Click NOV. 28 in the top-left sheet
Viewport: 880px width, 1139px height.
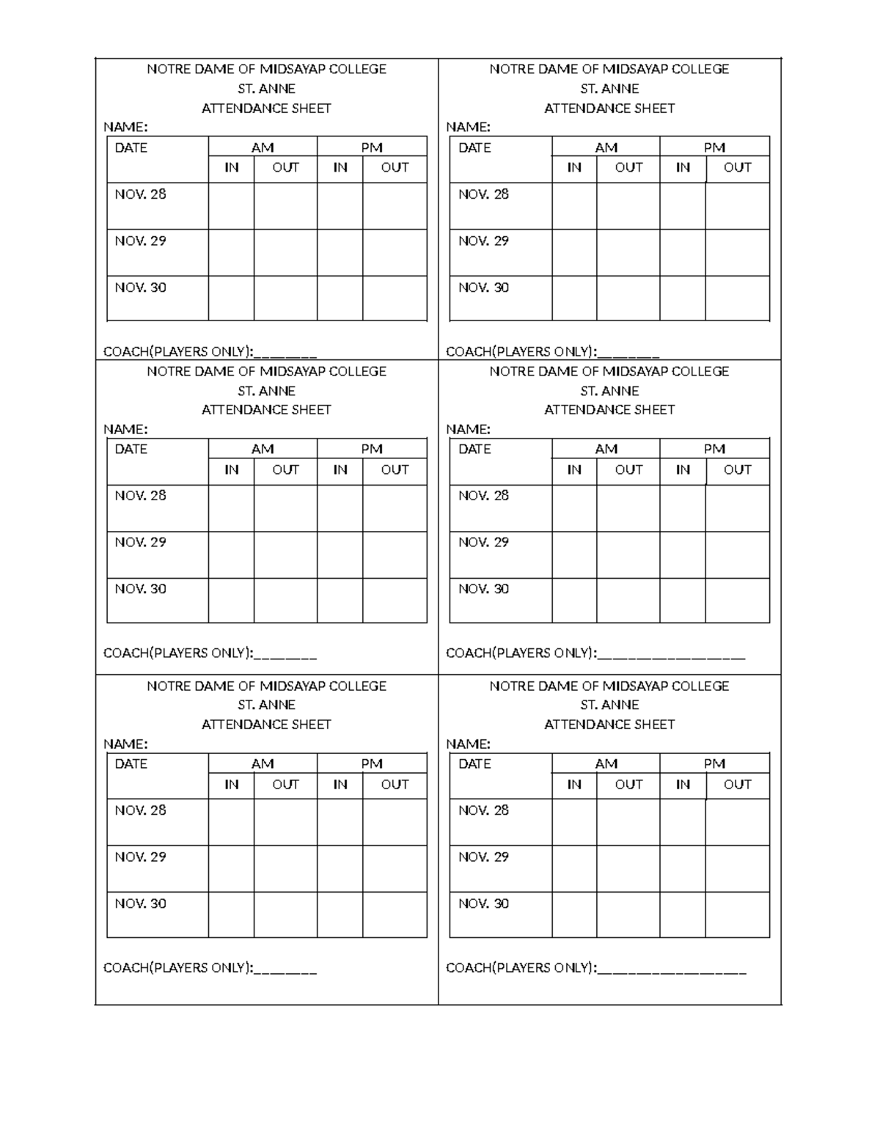click(x=140, y=194)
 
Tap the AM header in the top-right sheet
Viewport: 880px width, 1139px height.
click(x=606, y=147)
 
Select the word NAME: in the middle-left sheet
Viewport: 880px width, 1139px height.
click(x=125, y=429)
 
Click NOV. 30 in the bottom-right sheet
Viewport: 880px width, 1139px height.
click(x=483, y=904)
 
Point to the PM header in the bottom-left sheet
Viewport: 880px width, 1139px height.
click(x=372, y=763)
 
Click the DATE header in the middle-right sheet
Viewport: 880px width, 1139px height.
click(x=474, y=449)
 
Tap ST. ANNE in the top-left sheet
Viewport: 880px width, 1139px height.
click(x=266, y=89)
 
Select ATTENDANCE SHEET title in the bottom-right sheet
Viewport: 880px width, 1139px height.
click(x=609, y=725)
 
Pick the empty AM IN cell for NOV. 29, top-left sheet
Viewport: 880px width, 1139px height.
click(x=231, y=252)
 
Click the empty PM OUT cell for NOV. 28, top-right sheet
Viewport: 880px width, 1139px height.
click(x=737, y=206)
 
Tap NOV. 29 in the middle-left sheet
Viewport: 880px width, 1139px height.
click(x=140, y=542)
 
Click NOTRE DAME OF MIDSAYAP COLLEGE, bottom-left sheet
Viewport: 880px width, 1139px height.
click(x=266, y=686)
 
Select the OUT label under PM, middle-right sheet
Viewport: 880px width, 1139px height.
click(x=737, y=469)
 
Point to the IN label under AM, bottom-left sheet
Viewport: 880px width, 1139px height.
click(x=231, y=784)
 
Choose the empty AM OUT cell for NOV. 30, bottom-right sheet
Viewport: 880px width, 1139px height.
click(x=628, y=915)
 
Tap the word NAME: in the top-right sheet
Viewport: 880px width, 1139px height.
click(x=468, y=127)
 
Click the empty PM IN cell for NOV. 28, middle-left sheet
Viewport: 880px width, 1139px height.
click(x=340, y=508)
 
